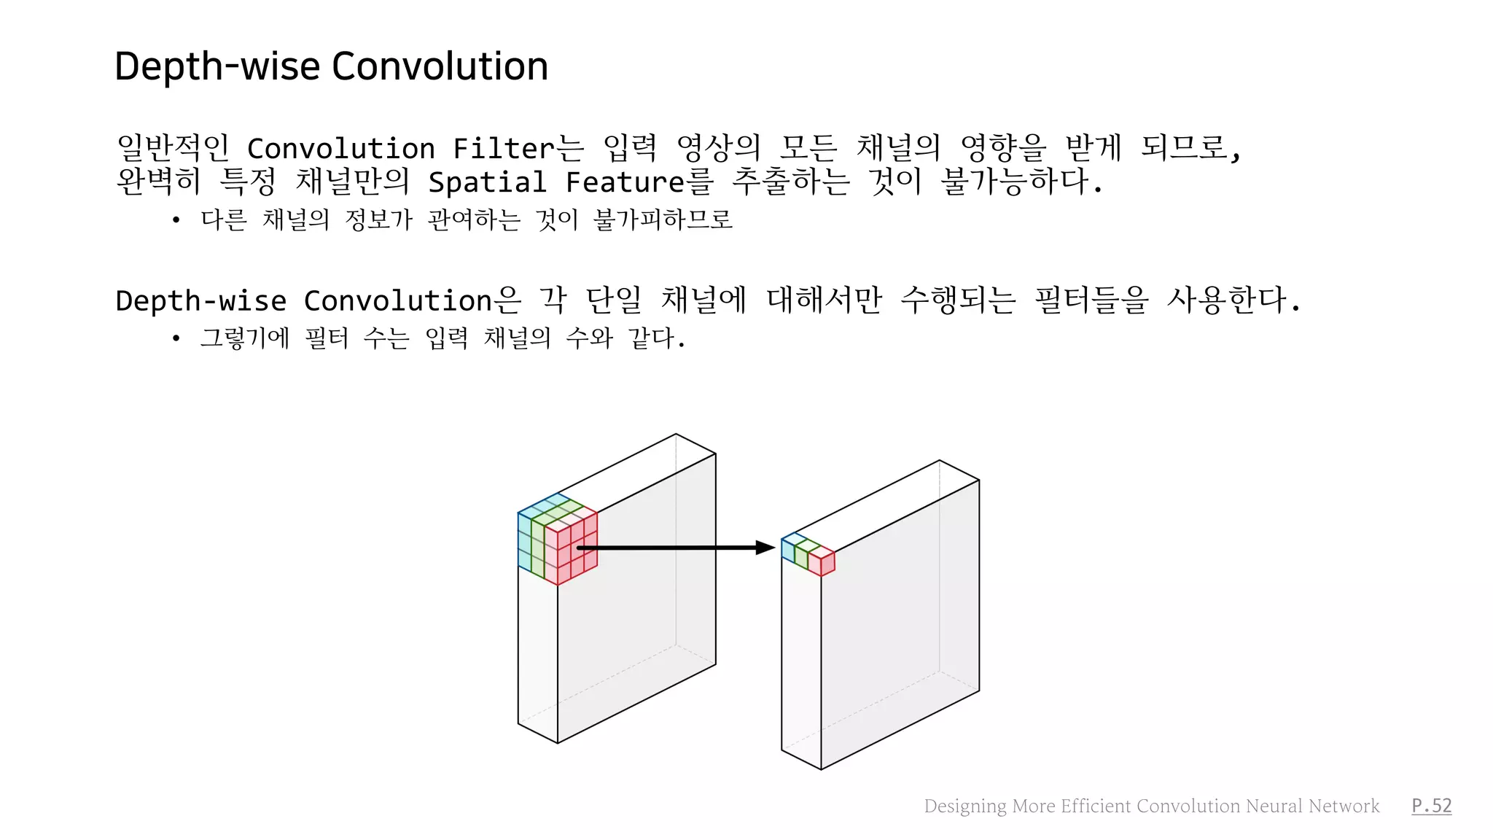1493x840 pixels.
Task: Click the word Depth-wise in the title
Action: pos(217,67)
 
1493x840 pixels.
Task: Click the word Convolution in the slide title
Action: pos(440,67)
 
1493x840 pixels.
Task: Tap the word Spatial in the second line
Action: pos(487,182)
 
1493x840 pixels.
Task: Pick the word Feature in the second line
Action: pos(627,182)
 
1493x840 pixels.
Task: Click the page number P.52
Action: pos(1431,806)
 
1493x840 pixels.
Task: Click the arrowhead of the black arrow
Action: pos(765,548)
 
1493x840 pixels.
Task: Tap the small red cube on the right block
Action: pos(822,562)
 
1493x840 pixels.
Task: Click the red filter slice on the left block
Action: pos(572,551)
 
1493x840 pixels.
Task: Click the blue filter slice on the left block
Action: pos(524,540)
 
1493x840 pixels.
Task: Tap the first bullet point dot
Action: pos(176,220)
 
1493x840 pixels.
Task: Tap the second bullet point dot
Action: pos(176,338)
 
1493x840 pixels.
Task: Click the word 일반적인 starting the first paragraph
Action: pos(173,148)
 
